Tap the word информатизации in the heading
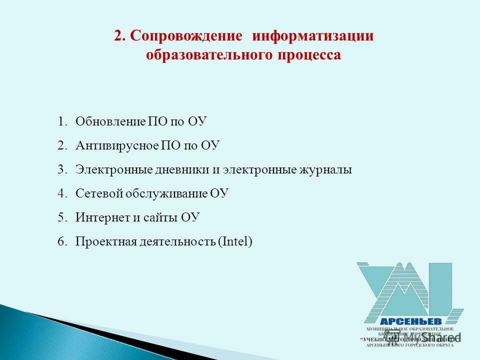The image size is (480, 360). coord(313,36)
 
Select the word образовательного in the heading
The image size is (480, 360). coord(209,54)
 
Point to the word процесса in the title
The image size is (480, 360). coord(309,54)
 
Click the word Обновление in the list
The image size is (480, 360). coord(110,121)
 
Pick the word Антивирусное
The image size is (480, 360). coord(117,145)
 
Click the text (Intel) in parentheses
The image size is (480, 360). coord(235,241)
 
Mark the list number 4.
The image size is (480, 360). coord(61,193)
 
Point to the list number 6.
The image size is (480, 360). coord(61,241)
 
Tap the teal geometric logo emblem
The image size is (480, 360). coord(407,290)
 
